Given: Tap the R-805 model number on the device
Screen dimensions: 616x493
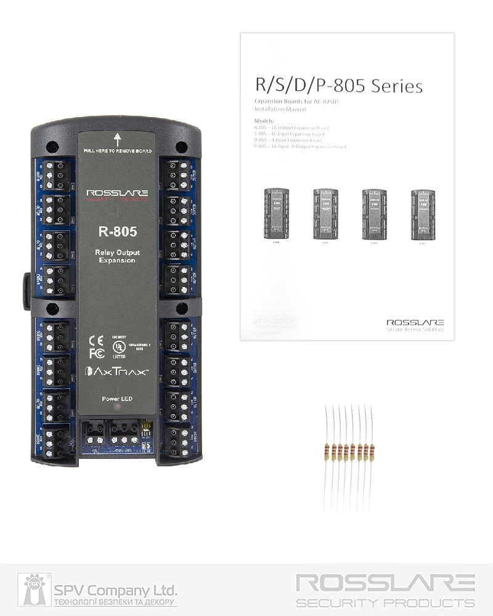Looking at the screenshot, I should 117,232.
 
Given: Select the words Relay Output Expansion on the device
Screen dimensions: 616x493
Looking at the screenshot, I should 117,257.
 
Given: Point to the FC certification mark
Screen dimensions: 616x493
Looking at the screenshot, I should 96,354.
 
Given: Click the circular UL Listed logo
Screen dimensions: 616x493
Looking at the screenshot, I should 117,349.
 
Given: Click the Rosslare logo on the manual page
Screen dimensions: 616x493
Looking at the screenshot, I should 415,322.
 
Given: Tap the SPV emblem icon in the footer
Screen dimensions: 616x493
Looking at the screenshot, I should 36,590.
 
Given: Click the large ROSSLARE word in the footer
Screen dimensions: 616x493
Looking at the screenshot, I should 385,582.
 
